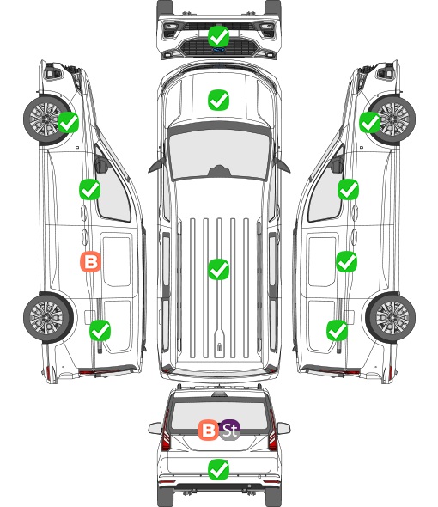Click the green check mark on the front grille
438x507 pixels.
tap(218, 37)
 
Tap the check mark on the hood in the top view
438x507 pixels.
tap(218, 100)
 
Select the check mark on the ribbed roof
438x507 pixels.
tap(218, 269)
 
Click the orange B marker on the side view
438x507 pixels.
tap(90, 261)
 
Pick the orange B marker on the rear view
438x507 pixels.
tap(208, 430)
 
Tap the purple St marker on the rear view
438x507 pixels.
tap(230, 430)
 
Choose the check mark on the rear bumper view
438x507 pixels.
tap(218, 469)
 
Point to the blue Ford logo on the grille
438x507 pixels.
tap(218, 50)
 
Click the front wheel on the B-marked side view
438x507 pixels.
tap(47, 119)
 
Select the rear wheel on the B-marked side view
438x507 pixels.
tap(48, 317)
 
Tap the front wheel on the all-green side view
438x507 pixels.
tap(392, 119)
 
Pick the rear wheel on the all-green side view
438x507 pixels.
tap(391, 317)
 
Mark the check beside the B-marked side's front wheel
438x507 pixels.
tap(68, 122)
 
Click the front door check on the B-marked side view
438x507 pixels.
tap(90, 189)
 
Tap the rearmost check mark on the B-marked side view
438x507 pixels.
tap(100, 330)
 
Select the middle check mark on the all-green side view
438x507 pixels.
tap(347, 261)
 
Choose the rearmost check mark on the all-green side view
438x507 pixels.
tap(338, 330)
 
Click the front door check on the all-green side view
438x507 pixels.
tap(348, 189)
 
